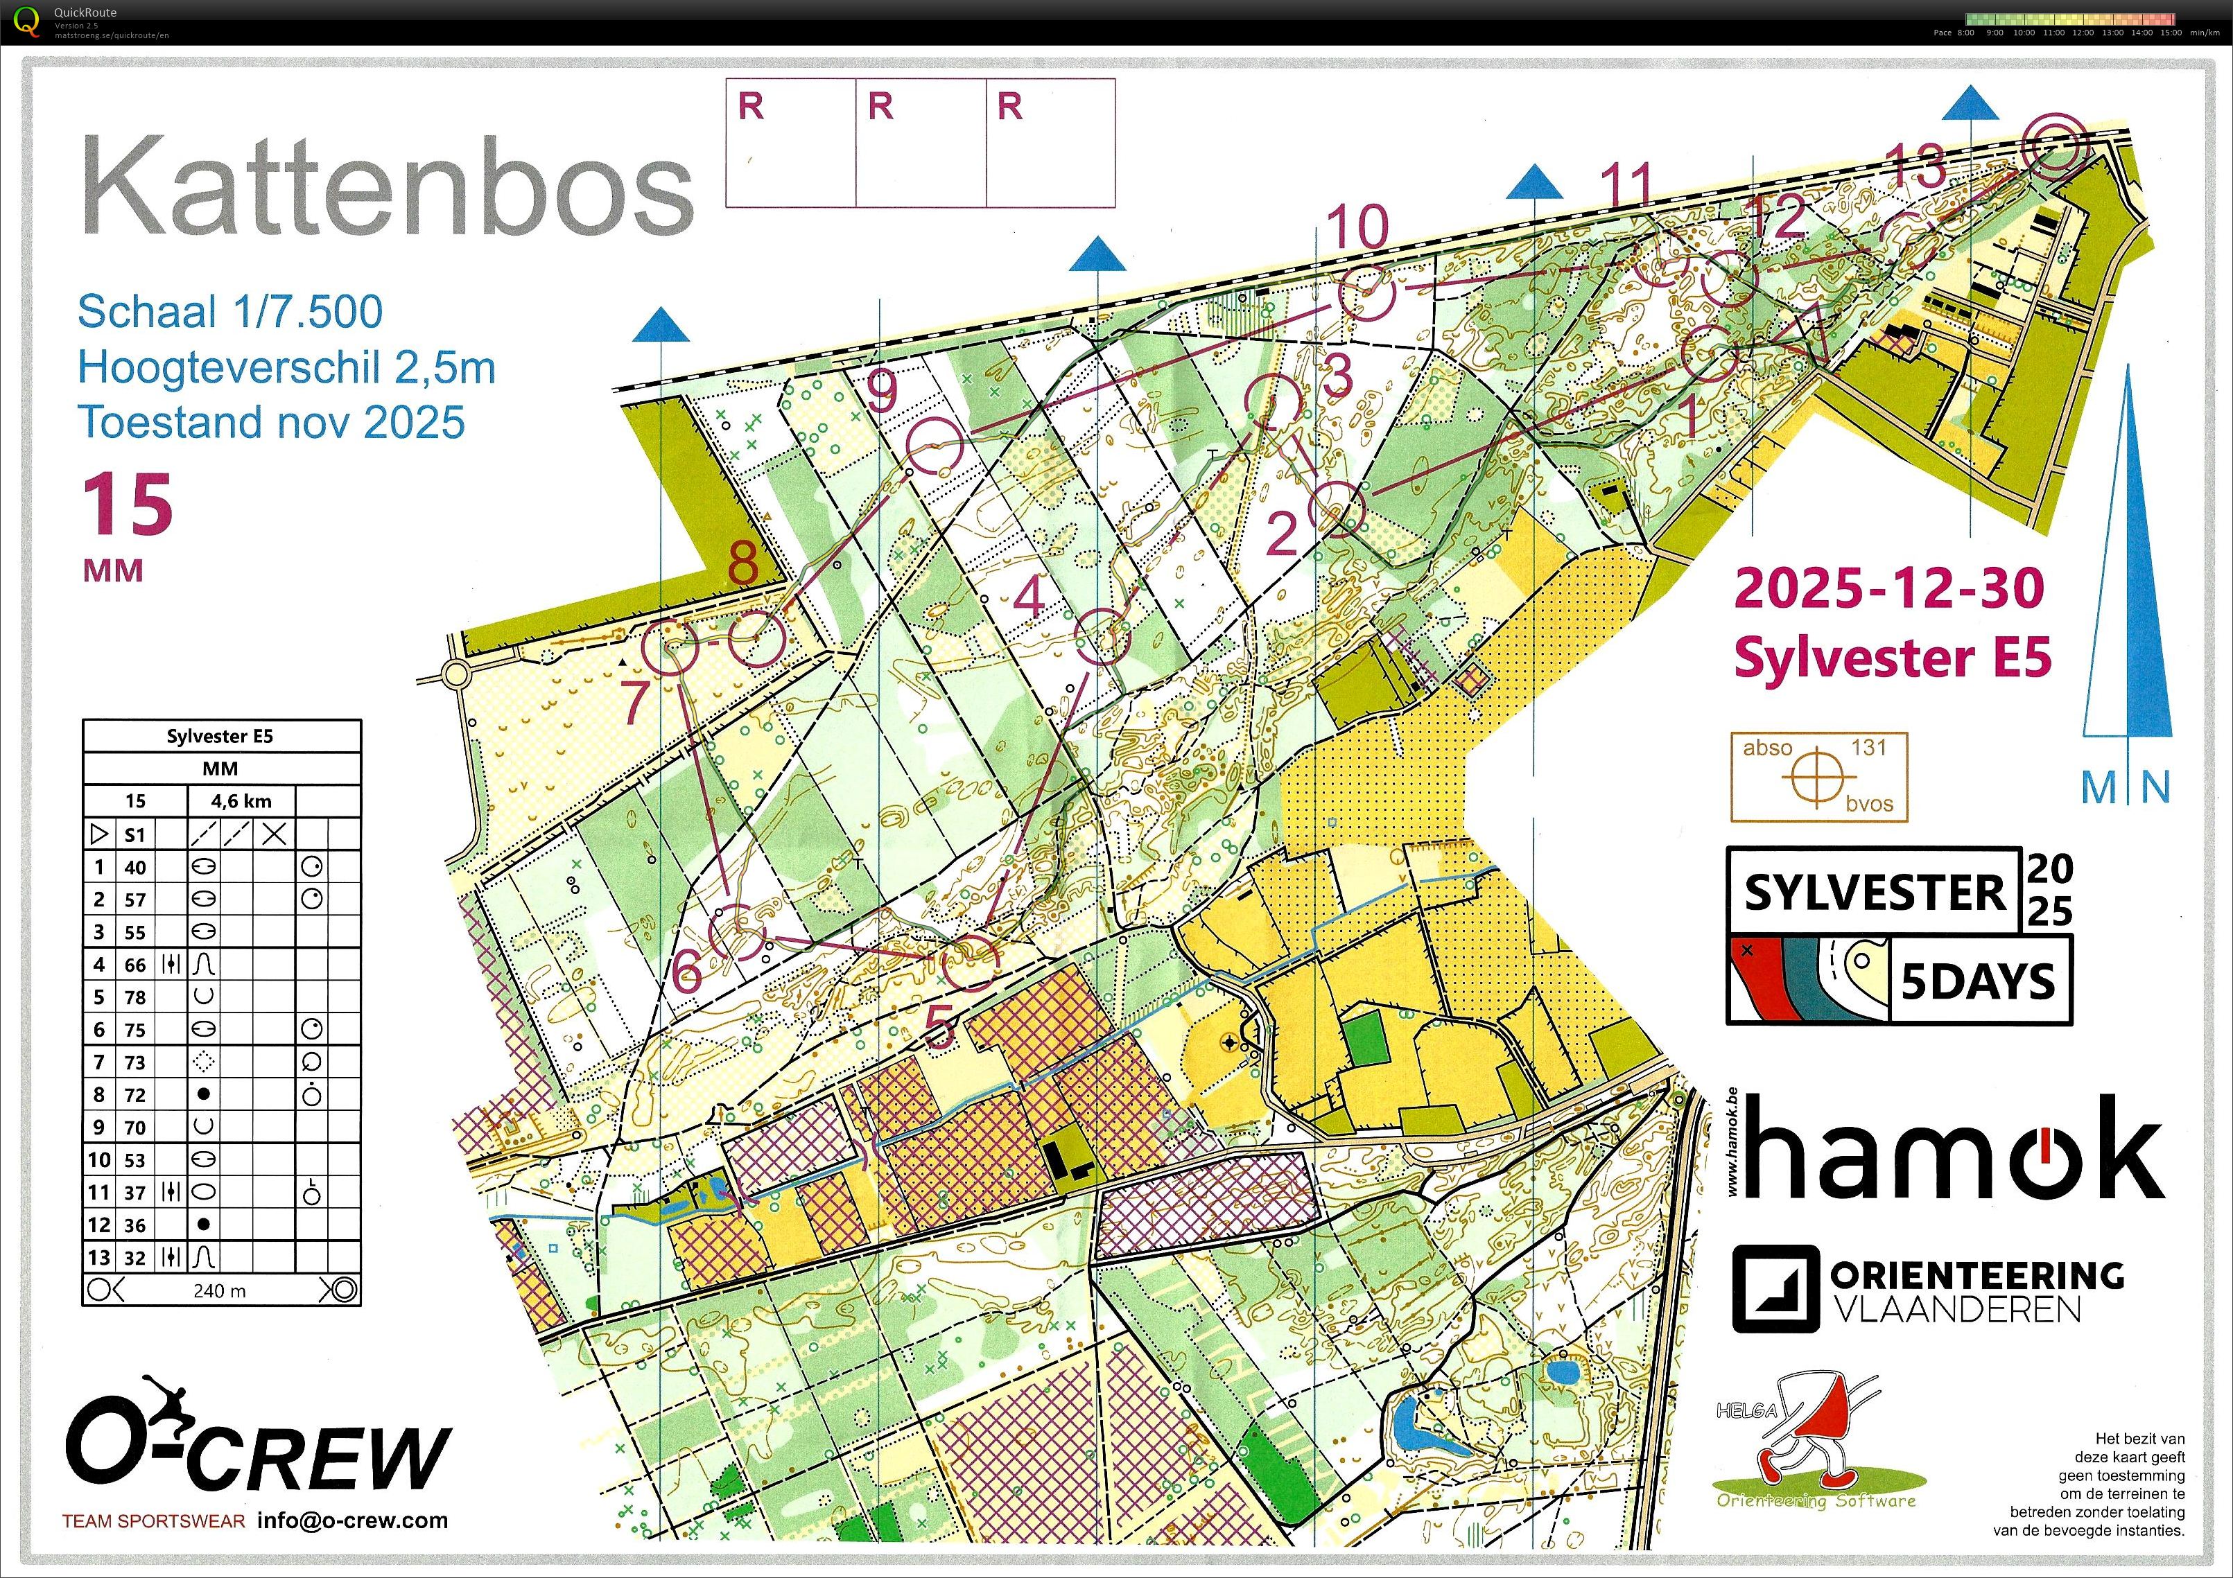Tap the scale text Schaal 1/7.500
point(229,312)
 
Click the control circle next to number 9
point(934,446)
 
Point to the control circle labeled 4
point(1104,636)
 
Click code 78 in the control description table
point(135,997)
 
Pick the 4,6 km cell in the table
point(241,801)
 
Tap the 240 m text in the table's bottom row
point(219,1290)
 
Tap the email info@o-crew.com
point(352,1520)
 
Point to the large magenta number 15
point(126,506)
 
